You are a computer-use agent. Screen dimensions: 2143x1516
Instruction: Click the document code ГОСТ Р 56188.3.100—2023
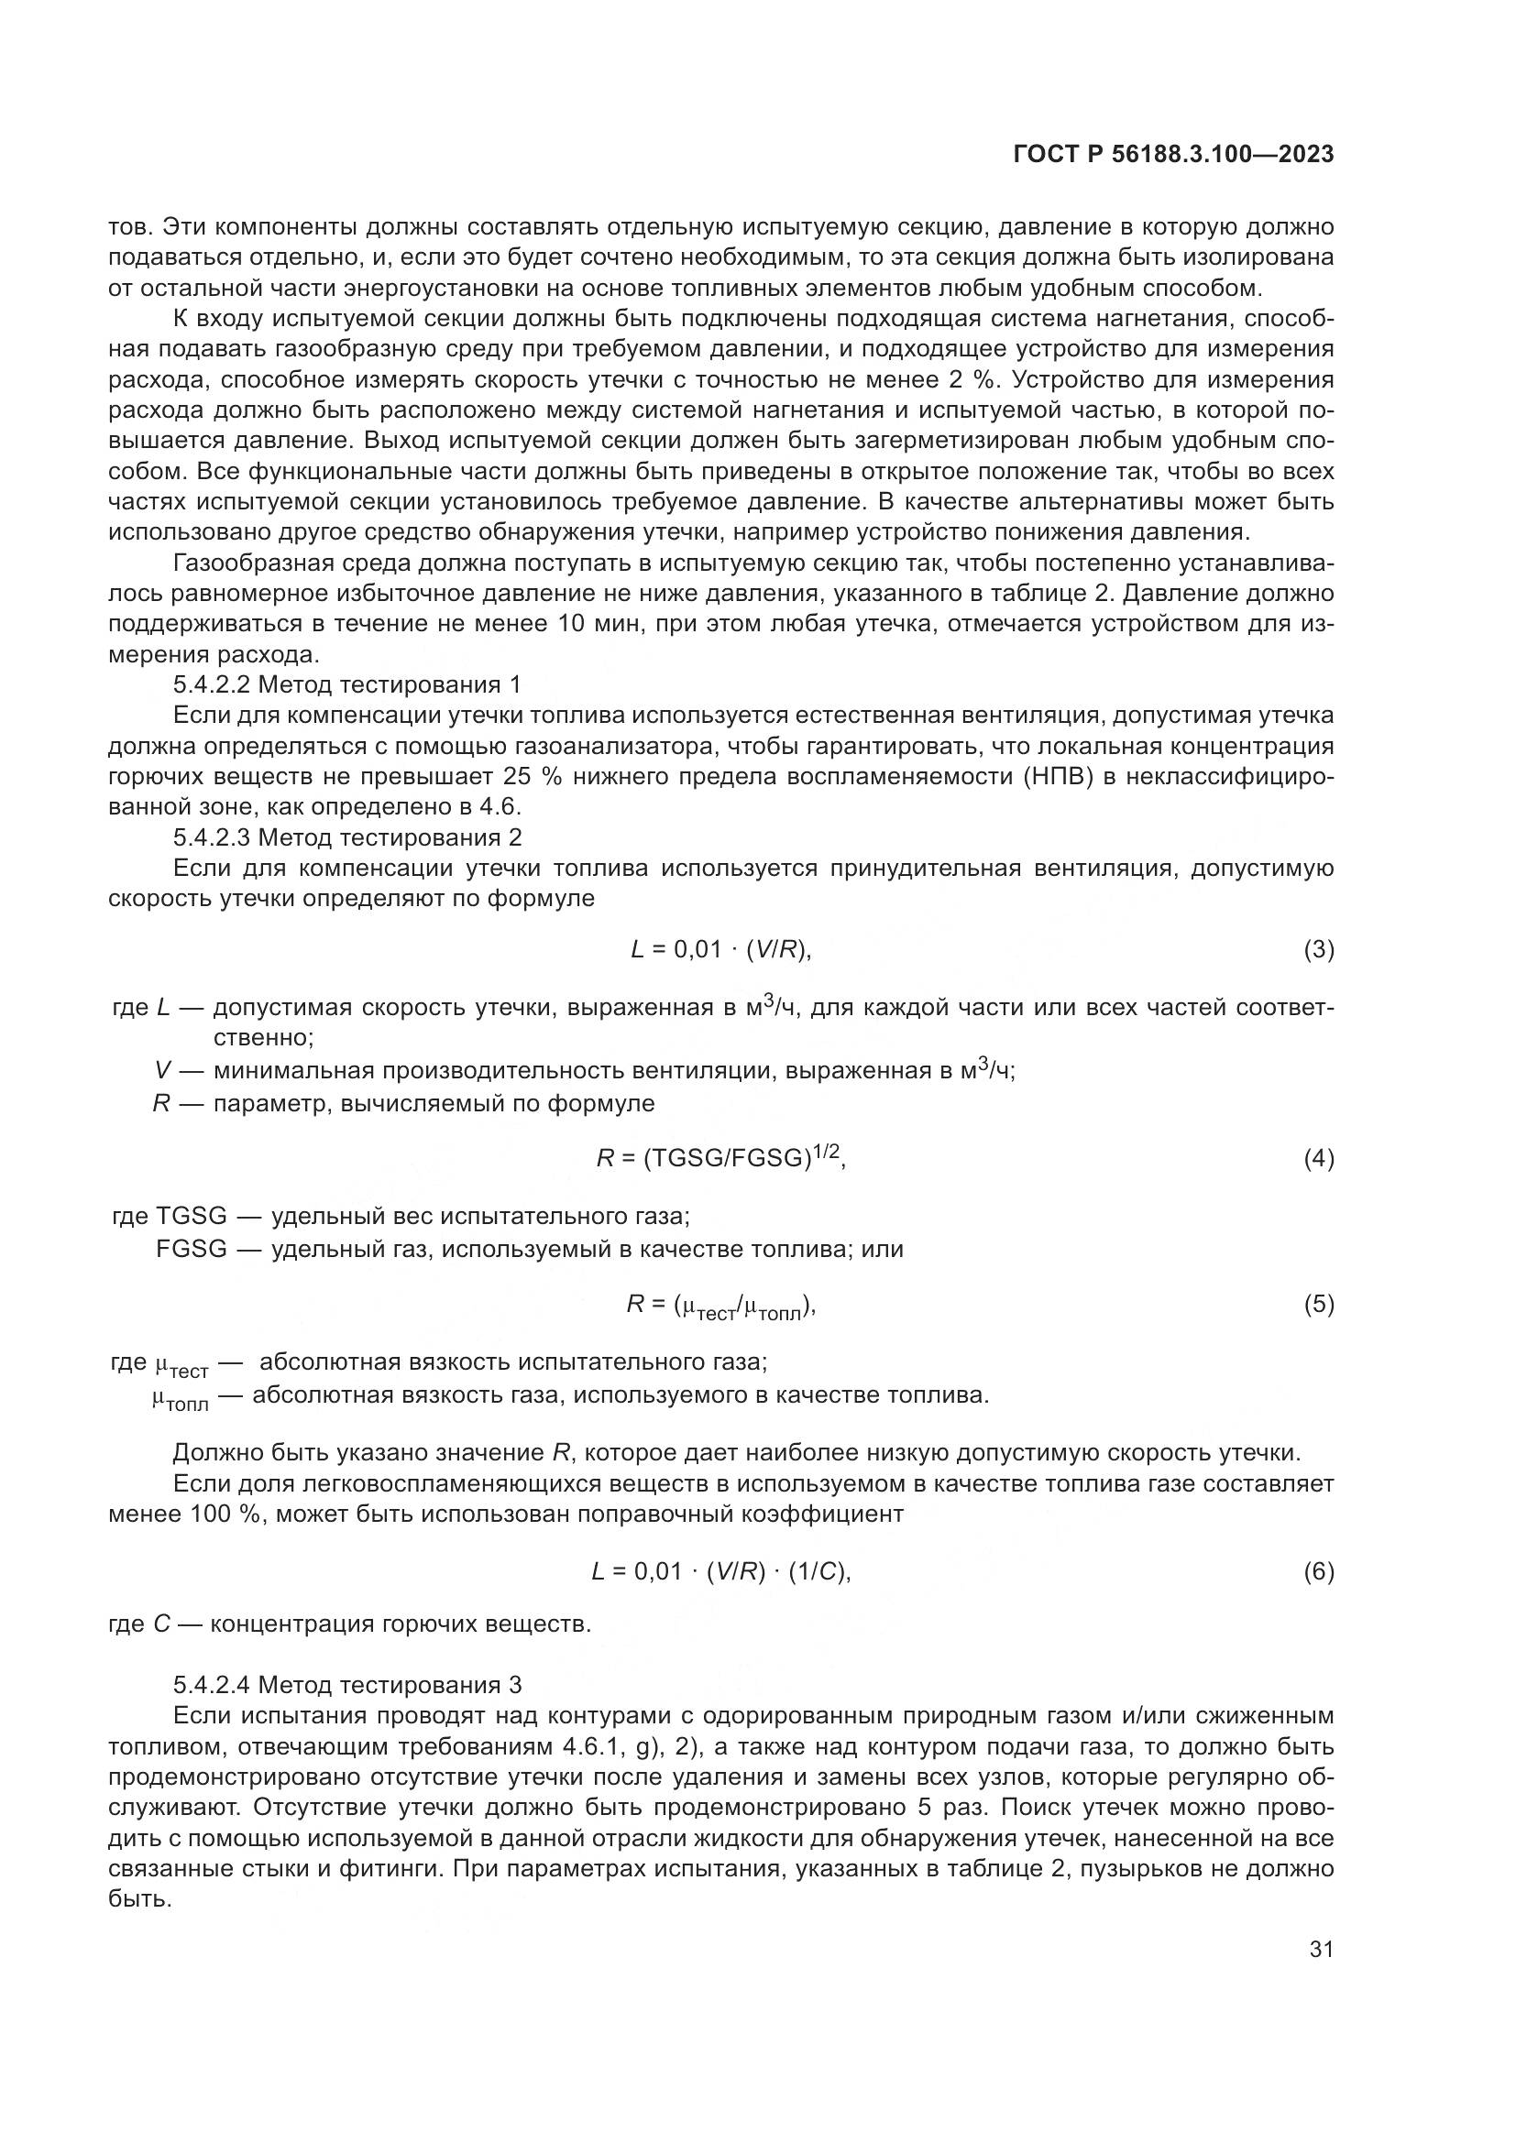1172,155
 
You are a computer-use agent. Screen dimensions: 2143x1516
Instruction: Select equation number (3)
1318,950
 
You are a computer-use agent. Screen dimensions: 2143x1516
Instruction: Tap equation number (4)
1318,1159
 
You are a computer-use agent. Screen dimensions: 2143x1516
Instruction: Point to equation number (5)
1318,1305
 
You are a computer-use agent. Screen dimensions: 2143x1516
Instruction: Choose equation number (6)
1318,1572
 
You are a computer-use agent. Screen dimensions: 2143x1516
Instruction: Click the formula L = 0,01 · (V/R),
721,950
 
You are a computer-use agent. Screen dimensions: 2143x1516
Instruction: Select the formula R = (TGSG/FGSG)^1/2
720,1158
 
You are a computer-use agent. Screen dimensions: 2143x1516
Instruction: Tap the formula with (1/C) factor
721,1572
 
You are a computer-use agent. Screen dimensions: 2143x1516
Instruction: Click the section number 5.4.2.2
212,685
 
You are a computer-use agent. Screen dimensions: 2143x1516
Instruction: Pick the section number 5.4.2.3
212,836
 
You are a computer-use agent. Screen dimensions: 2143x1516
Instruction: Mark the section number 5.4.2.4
212,1685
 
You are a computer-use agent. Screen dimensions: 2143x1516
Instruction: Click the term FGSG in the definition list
192,1249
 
